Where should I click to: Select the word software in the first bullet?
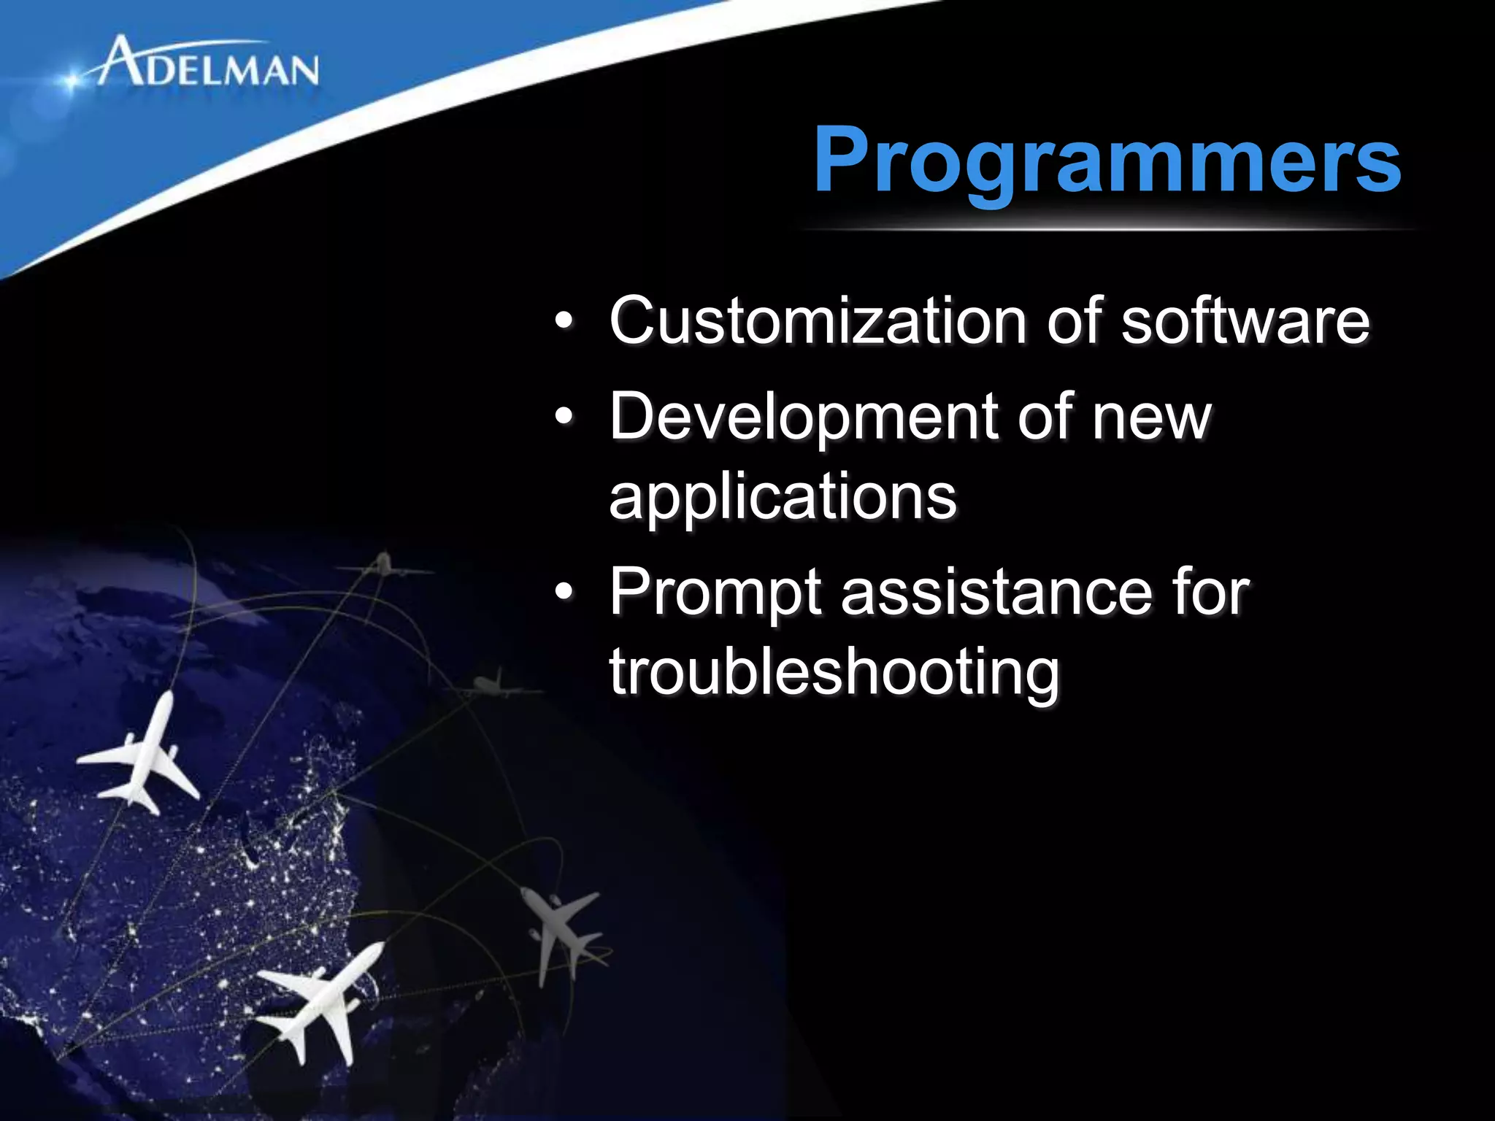[1245, 321]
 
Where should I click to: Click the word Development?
[803, 417]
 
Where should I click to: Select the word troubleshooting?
[834, 673]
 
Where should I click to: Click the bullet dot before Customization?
[564, 322]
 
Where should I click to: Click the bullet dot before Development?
[564, 417]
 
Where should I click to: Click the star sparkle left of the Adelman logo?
[71, 81]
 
